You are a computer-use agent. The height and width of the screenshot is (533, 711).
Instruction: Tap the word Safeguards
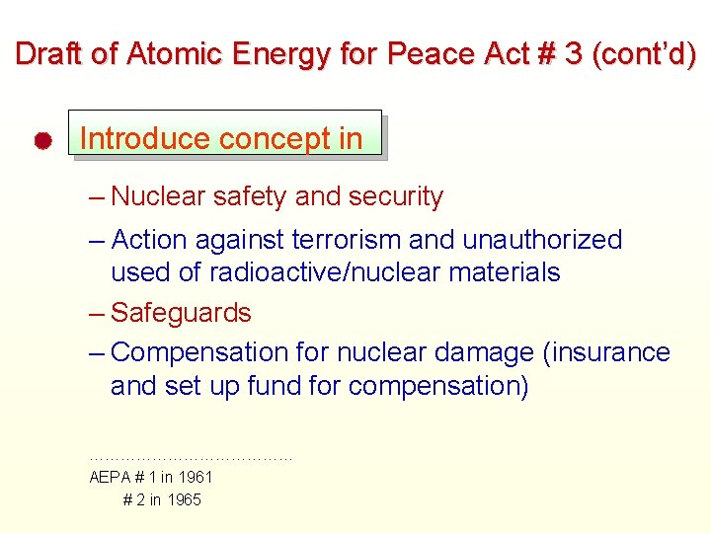[181, 313]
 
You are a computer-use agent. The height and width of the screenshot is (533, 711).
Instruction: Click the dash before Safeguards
[96, 313]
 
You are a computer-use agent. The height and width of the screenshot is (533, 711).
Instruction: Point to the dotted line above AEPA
[191, 458]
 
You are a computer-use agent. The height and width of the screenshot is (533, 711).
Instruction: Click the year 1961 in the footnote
[195, 477]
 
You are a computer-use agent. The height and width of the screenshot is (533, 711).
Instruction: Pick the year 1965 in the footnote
[184, 499]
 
